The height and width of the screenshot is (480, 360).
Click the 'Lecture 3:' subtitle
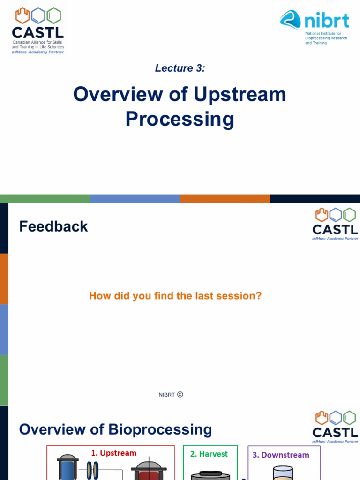pos(180,68)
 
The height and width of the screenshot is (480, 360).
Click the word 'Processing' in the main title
pos(180,119)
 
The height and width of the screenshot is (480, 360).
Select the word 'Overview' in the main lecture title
pos(110,95)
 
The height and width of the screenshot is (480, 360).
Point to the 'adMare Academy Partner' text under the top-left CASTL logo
pos(37,52)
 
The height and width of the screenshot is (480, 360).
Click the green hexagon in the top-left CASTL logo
pos(54,15)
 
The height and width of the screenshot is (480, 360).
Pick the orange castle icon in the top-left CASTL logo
pos(22,15)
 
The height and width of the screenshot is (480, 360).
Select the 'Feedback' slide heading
pos(53,226)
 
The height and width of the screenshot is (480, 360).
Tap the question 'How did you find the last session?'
pos(175,296)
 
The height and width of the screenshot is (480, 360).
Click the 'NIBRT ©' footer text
pos(171,395)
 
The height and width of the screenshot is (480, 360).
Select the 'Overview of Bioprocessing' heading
pos(115,429)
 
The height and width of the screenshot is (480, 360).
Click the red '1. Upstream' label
pos(114,453)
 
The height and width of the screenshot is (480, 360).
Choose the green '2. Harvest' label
pos(209,454)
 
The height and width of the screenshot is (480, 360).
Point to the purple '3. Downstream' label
pos(281,455)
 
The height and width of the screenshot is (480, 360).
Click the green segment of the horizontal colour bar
pos(45,199)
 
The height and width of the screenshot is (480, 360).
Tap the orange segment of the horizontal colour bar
pos(225,199)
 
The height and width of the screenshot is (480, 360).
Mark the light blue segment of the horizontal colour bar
pos(135,199)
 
